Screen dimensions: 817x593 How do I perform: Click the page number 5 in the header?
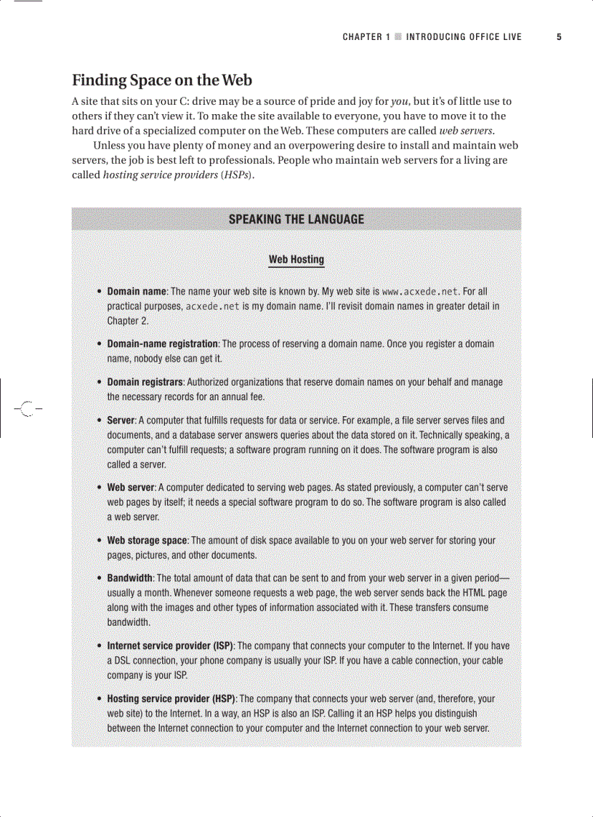(559, 37)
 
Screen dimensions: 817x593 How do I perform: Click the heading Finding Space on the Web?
(161, 80)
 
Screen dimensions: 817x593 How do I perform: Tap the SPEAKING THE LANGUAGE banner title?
(296, 219)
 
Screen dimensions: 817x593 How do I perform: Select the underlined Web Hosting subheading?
(296, 259)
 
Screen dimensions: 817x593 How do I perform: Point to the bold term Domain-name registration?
(162, 343)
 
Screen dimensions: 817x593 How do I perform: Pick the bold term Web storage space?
(147, 541)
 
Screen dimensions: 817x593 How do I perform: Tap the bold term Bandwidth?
(129, 578)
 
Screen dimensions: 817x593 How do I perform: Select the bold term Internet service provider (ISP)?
(170, 646)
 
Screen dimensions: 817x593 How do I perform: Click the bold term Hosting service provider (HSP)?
(171, 699)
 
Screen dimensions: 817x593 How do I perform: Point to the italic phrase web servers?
(467, 132)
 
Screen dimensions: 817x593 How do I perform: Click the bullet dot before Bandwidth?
(99, 578)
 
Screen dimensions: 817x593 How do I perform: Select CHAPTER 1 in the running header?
(367, 37)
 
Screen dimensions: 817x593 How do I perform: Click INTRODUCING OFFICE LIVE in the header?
(464, 37)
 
